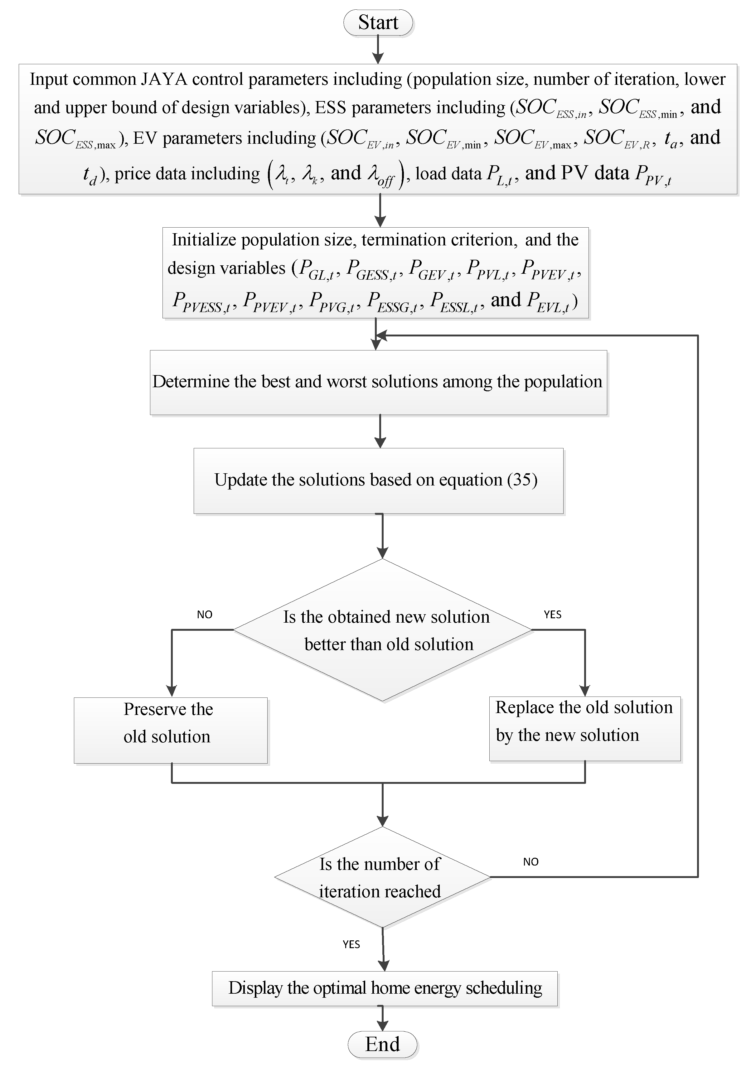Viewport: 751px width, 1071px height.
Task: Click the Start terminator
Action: (378, 23)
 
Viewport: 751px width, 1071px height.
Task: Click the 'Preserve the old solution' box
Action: (170, 730)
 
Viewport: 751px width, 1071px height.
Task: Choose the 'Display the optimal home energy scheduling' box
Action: (385, 988)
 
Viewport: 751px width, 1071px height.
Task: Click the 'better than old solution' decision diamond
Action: (382, 630)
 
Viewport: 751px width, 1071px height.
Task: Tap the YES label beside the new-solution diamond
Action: (552, 614)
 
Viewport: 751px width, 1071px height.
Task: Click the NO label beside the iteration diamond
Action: (531, 861)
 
